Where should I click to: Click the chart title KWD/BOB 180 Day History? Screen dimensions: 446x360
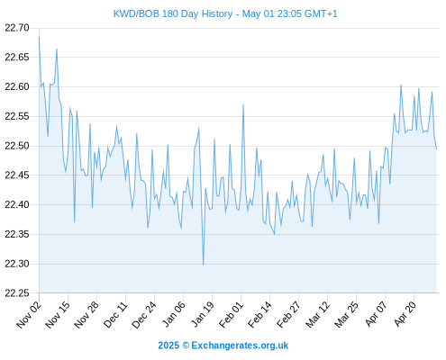pos(173,13)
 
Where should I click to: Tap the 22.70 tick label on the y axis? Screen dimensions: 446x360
pos(17,28)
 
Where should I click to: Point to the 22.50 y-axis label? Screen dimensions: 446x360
pos(17,146)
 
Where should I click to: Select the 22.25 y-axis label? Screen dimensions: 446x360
pos(17,293)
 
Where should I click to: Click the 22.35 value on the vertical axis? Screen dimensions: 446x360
pos(17,234)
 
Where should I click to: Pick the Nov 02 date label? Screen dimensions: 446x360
pos(29,314)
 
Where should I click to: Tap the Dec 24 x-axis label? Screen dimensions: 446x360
pos(144,314)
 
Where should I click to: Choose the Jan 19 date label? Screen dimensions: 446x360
pos(203,314)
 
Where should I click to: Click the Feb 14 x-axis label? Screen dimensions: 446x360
pos(259,314)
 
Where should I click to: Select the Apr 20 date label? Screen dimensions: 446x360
pos(405,314)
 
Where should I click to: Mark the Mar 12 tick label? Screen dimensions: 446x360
pos(318,314)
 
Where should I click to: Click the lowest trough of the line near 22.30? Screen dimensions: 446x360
pos(204,265)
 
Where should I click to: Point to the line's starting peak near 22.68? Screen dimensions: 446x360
pos(39,37)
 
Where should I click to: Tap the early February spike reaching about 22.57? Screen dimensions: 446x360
pos(243,105)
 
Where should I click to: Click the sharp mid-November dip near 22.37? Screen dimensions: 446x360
pos(75,222)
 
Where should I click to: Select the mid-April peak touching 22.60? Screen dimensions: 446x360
pos(401,85)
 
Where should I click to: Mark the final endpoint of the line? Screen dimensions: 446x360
pos(436,148)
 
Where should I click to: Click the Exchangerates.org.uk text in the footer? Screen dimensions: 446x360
pos(240,346)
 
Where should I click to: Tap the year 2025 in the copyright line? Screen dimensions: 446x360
pos(168,346)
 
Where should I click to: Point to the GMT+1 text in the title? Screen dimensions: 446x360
pos(321,13)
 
